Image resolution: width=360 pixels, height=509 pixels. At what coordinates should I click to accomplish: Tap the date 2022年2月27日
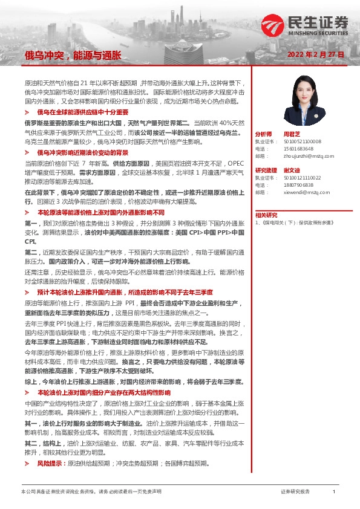point(316,55)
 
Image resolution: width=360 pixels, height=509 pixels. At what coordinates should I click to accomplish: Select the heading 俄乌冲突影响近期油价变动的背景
point(83,152)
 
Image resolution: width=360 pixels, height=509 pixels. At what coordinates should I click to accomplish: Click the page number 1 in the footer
point(333,492)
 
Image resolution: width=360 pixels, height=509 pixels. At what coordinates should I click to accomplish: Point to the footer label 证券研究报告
point(295,492)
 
